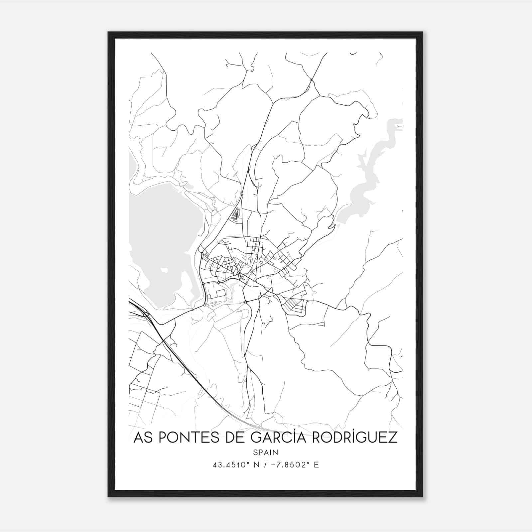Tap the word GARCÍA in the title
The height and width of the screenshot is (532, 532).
point(274,438)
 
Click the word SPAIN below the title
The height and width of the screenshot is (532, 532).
point(265,453)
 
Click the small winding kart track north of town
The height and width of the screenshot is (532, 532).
point(235,214)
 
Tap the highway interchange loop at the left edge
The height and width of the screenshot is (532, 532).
point(146,314)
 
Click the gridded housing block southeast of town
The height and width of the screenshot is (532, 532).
point(293,305)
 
